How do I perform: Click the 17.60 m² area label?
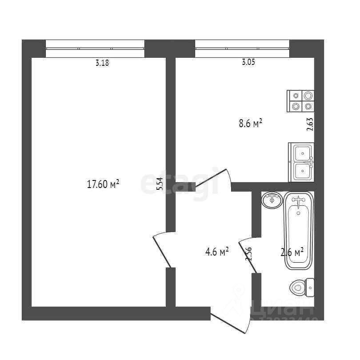(x=103, y=184)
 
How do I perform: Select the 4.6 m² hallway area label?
(x=216, y=252)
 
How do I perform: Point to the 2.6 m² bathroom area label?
(x=292, y=252)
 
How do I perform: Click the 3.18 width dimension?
(x=102, y=63)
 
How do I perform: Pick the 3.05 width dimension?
(x=248, y=63)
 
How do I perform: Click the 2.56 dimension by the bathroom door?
(x=249, y=256)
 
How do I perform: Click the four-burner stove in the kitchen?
(x=301, y=101)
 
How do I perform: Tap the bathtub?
(x=299, y=231)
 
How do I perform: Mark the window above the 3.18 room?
(x=95, y=48)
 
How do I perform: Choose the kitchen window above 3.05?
(x=242, y=48)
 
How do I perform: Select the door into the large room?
(x=161, y=250)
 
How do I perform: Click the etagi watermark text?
(x=180, y=182)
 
